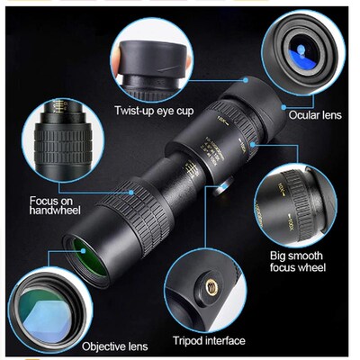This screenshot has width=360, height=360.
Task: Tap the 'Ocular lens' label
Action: click(x=314, y=114)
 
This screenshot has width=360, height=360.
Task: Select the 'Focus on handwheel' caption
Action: click(x=54, y=205)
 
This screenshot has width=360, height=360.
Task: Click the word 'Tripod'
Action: click(x=192, y=340)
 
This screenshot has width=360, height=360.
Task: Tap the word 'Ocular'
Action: click(x=303, y=114)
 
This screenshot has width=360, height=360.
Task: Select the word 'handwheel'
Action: click(x=54, y=212)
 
